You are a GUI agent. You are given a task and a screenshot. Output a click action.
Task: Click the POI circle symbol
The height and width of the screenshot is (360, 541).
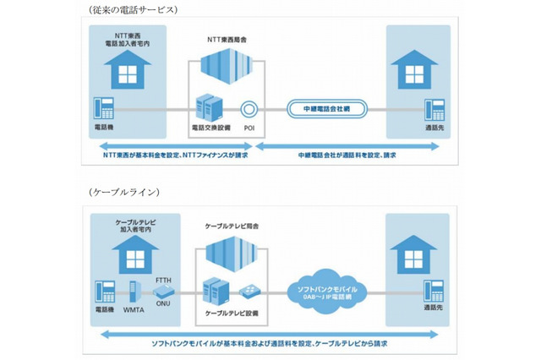[249, 108]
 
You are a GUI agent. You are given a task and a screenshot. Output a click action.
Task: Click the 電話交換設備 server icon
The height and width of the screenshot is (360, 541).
[208, 106]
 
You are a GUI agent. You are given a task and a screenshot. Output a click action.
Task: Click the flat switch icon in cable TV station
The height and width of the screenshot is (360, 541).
[249, 292]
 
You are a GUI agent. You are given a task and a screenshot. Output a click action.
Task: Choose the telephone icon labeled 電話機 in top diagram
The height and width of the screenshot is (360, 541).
[105, 108]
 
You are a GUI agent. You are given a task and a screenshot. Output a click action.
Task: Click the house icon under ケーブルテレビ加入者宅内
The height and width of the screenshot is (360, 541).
[127, 253]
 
